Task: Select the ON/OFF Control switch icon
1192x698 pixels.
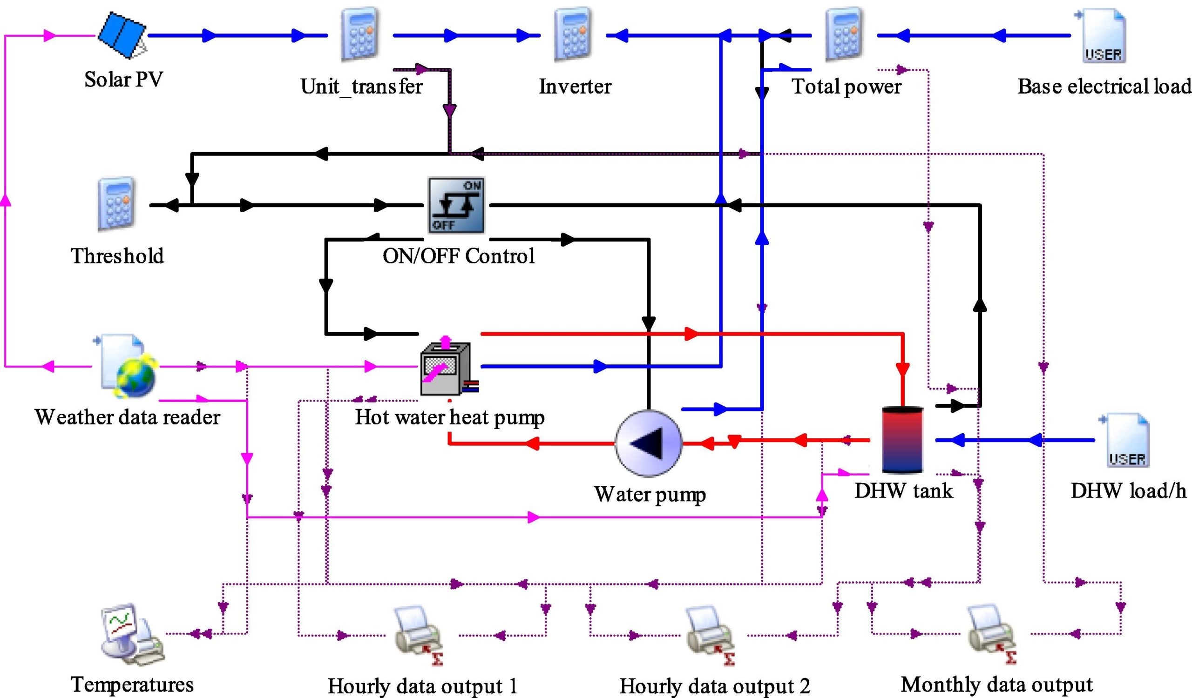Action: coord(456,205)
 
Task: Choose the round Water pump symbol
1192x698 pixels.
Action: coord(649,443)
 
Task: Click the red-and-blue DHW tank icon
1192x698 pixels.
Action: coord(902,439)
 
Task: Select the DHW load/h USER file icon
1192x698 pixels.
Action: coord(1126,441)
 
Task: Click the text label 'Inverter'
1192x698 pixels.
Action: coord(575,87)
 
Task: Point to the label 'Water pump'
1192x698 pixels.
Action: coord(650,494)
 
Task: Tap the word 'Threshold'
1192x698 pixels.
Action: coord(117,255)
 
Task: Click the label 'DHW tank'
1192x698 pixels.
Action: coord(903,490)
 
